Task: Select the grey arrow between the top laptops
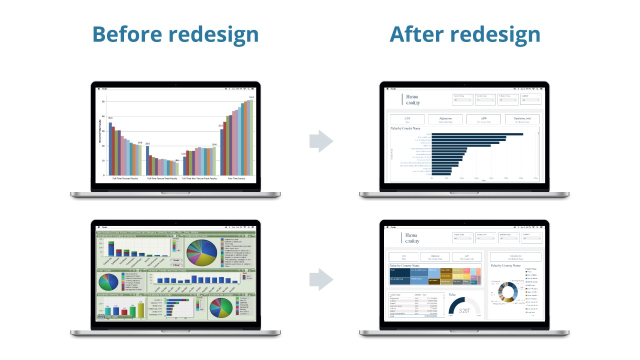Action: pos(321,141)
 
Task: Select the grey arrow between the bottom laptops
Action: pos(321,279)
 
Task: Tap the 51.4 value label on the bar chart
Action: pos(251,97)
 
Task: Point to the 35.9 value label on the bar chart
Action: pos(110,118)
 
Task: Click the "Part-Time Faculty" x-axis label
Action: pos(236,178)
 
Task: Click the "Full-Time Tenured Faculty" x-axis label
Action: pos(125,178)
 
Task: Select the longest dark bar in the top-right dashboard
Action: pos(477,134)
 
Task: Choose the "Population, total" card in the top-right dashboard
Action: pos(522,119)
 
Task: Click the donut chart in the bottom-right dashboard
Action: pos(509,292)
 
